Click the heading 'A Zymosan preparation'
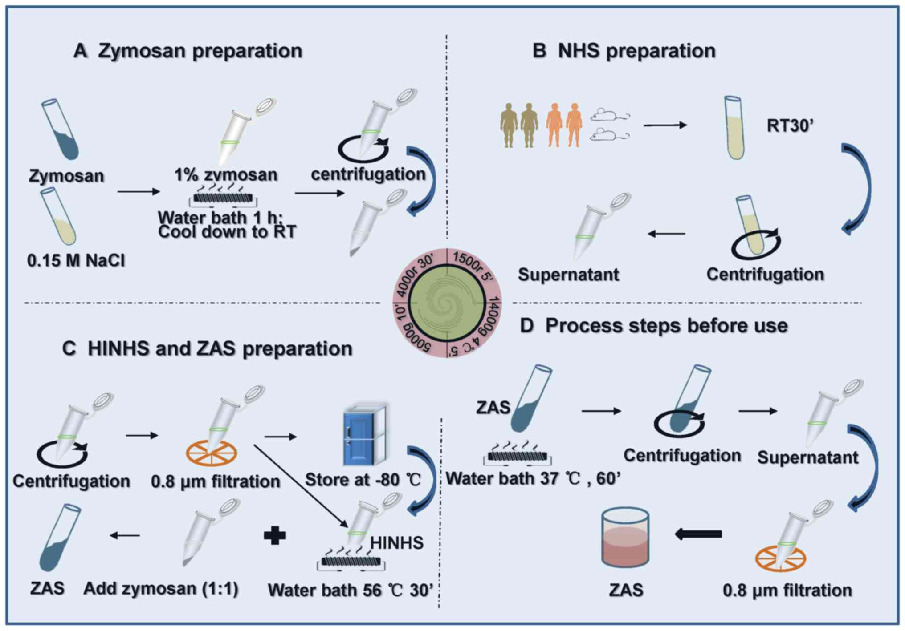(188, 51)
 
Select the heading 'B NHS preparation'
(624, 51)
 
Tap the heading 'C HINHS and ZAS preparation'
(207, 348)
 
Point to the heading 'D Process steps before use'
(653, 326)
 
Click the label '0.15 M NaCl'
(76, 260)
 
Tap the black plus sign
(275, 536)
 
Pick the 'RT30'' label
(790, 126)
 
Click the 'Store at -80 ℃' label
(363, 480)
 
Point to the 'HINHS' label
(397, 543)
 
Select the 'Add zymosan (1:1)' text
(161, 589)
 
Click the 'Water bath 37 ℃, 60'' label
(533, 479)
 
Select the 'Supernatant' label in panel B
(568, 275)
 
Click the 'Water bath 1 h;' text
(220, 218)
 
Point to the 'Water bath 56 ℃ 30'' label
(350, 590)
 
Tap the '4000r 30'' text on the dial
(415, 275)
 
